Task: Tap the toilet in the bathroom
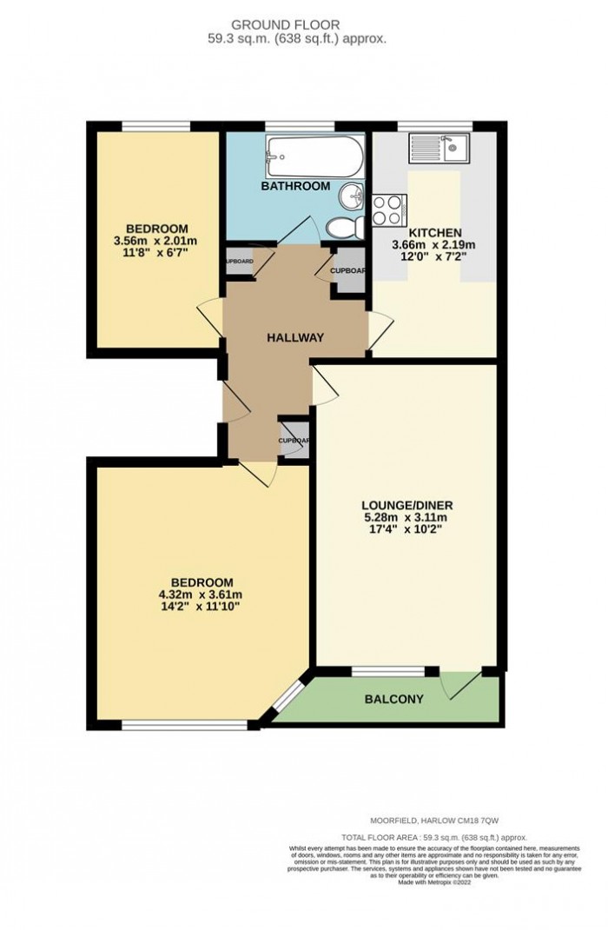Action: [343, 228]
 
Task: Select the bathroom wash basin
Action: [353, 196]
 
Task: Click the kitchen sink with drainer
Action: [439, 146]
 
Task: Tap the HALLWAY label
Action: [294, 338]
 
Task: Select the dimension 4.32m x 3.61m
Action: [201, 596]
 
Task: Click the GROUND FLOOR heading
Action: [304, 24]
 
